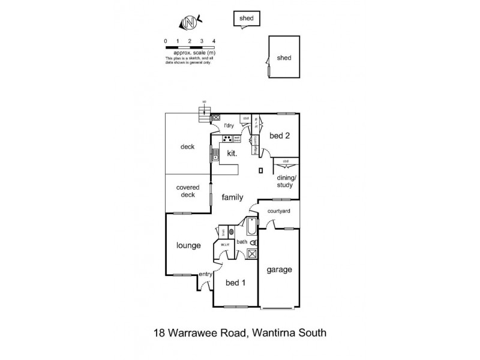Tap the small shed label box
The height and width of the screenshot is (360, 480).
[x=247, y=19]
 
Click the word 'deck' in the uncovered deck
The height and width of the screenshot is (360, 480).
[x=188, y=146]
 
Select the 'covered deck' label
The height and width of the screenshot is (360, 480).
[x=188, y=191]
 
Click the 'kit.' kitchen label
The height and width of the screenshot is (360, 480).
[x=232, y=154]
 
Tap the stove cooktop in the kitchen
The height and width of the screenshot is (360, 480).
[x=228, y=139]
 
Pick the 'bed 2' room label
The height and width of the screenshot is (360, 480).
[x=280, y=136]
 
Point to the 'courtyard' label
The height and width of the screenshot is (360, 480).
[x=279, y=211]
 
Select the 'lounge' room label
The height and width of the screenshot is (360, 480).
[x=188, y=245]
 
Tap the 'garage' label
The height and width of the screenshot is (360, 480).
[x=279, y=269]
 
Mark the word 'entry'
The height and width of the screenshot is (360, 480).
[x=206, y=274]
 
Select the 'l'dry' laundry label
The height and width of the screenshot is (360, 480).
[x=229, y=126]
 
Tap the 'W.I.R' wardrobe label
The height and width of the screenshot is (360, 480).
[x=224, y=245]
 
